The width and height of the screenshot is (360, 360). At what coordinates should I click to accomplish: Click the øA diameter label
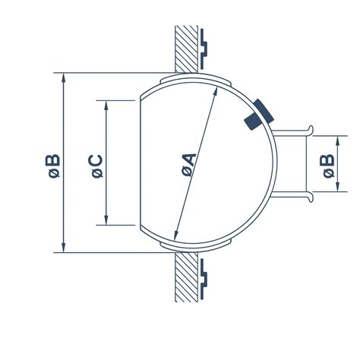189,165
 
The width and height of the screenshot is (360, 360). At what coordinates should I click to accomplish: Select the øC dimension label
97,166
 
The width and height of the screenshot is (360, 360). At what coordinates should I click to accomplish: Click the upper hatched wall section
186,49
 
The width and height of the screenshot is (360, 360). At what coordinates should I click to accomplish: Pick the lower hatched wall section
186,276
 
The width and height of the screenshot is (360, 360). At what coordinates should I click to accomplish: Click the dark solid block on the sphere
259,115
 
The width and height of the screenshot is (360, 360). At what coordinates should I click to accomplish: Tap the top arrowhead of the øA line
216,91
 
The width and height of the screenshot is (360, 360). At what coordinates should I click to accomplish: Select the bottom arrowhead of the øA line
176,235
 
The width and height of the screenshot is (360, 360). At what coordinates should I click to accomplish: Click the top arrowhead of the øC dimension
106,105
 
